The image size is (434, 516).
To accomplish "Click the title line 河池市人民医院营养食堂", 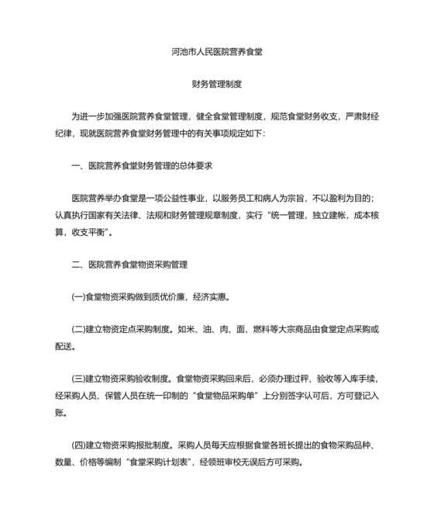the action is [x=216, y=54].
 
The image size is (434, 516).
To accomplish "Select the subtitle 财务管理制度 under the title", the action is [x=216, y=84].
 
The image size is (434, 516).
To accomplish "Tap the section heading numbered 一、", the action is [x=143, y=165].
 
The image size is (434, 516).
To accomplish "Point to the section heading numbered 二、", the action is [x=129, y=264].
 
